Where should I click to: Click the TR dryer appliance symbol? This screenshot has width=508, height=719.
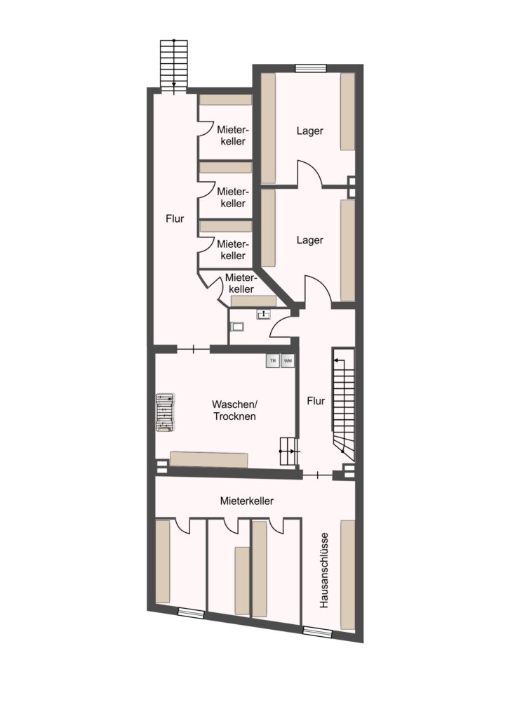point(273,361)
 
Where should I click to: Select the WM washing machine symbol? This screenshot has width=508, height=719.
point(288,361)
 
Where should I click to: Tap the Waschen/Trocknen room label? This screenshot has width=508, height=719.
point(234,410)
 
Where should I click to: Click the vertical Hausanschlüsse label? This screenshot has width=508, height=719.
point(324,570)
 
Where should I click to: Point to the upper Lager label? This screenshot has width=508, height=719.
point(309,131)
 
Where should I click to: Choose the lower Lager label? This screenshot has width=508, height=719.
point(309,240)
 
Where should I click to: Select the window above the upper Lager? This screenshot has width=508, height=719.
point(311,69)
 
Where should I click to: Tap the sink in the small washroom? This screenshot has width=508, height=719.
point(265,315)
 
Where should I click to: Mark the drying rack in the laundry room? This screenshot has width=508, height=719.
point(165,411)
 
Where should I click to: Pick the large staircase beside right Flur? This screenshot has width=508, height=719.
point(344,404)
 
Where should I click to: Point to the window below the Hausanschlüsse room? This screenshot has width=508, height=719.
point(317,632)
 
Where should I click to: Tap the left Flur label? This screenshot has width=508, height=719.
point(175,219)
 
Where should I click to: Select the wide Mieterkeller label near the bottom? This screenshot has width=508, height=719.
point(247,501)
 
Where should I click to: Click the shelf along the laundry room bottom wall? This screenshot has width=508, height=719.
point(209,459)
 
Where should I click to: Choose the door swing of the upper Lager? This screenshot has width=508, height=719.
point(311,174)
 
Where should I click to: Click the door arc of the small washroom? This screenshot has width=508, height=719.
point(280,327)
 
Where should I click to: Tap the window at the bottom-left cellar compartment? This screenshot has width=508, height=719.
point(191,612)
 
